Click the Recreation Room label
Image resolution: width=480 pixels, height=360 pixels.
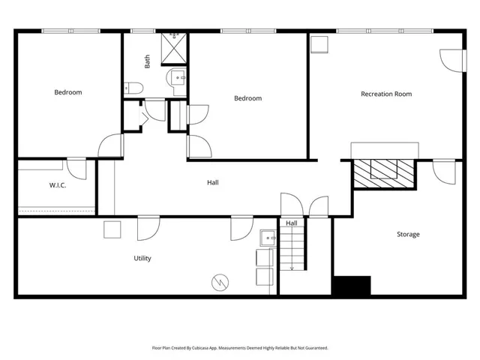(x=386, y=94)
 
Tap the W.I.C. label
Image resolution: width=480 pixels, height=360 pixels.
(x=58, y=185)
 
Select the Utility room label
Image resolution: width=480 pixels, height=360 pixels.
(x=142, y=258)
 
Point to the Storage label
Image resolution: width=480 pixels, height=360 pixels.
(x=408, y=234)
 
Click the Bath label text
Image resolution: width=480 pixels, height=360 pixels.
(x=147, y=61)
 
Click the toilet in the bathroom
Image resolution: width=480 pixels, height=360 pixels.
(x=133, y=88)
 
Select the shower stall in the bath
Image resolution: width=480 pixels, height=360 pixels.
(x=174, y=48)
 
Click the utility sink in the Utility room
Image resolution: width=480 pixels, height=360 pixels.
(x=268, y=238)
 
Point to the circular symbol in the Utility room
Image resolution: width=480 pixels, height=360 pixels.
(x=220, y=282)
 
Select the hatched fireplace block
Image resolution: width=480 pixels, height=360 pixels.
(x=384, y=173)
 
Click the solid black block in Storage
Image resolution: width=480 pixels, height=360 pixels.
(x=352, y=286)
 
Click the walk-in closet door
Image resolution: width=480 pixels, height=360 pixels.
(x=76, y=169)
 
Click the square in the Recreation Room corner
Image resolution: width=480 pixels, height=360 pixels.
(x=319, y=45)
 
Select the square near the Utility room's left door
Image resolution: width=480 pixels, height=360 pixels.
(x=112, y=229)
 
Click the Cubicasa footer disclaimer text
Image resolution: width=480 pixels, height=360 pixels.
(x=240, y=348)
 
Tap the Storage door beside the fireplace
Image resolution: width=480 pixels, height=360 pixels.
(x=444, y=172)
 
